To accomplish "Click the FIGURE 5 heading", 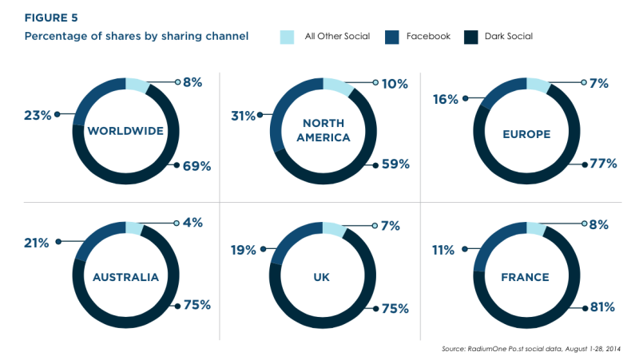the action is (51, 18).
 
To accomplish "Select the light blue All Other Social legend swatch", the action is (287, 37).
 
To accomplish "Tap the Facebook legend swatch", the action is (391, 37).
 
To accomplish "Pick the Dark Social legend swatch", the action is (470, 37).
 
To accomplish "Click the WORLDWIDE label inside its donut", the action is (125, 131).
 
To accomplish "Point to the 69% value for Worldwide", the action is (196, 166).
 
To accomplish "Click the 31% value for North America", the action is (244, 116).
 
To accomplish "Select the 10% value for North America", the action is (395, 84).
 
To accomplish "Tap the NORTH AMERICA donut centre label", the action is (323, 130).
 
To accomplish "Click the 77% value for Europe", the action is (603, 164).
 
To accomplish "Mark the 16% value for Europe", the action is (446, 99).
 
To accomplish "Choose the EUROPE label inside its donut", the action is (526, 134).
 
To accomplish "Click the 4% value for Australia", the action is (192, 223).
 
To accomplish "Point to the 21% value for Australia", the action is (36, 243).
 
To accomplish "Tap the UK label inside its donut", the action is (322, 277).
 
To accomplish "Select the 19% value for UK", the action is (244, 250).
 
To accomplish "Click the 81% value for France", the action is (602, 307).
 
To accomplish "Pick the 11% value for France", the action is (443, 250).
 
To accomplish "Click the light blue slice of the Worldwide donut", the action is (137, 85).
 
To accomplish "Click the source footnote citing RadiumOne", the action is (531, 349).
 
